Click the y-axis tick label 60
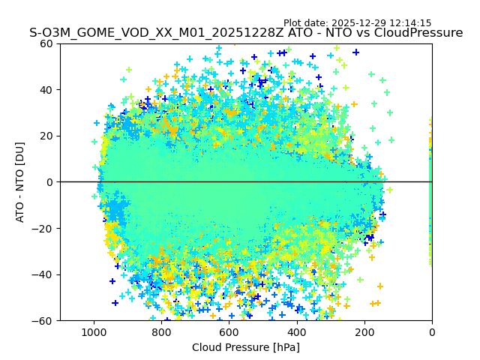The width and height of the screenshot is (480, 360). click(x=47, y=43)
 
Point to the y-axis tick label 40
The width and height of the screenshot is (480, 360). click(x=47, y=90)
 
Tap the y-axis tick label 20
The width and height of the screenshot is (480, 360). click(x=47, y=136)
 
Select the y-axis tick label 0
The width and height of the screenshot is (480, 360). click(x=50, y=182)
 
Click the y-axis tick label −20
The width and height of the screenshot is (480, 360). click(x=44, y=228)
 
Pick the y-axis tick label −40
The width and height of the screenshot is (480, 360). click(x=44, y=274)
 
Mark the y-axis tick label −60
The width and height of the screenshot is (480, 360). click(x=44, y=320)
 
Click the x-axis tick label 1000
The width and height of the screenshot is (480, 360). click(x=94, y=331)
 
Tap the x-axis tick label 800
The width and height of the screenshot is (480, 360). click(x=161, y=331)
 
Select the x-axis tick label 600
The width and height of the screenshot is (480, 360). click(x=229, y=331)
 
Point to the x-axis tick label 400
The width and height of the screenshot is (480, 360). click(x=296, y=331)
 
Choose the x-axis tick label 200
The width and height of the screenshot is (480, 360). click(x=364, y=331)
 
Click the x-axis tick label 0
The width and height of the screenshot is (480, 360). click(x=432, y=331)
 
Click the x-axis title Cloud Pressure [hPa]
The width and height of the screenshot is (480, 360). click(x=246, y=347)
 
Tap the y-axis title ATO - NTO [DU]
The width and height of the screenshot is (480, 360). click(x=21, y=182)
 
